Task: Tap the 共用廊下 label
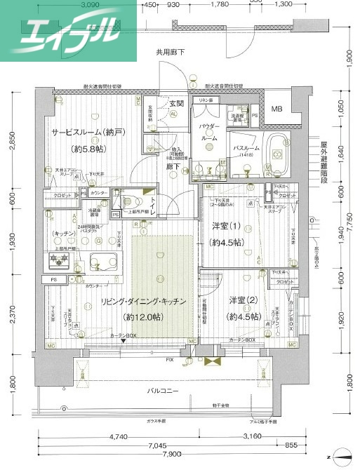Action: (171, 53)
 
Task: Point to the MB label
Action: (277, 109)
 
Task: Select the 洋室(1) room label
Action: (227, 227)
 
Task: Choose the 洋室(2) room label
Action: (245, 300)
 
